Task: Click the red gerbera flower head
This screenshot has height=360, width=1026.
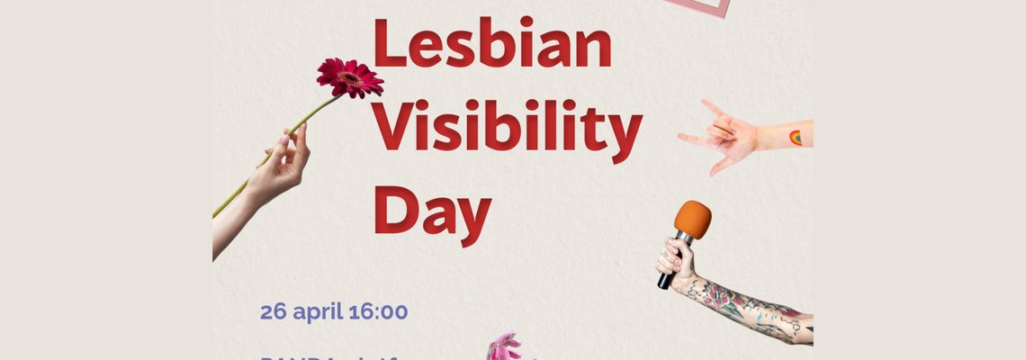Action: (349, 77)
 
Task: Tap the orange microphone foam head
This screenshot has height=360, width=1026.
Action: (693, 220)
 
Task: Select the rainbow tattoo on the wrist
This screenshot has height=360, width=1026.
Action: (795, 138)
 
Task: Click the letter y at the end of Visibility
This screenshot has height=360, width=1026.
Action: (625, 135)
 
